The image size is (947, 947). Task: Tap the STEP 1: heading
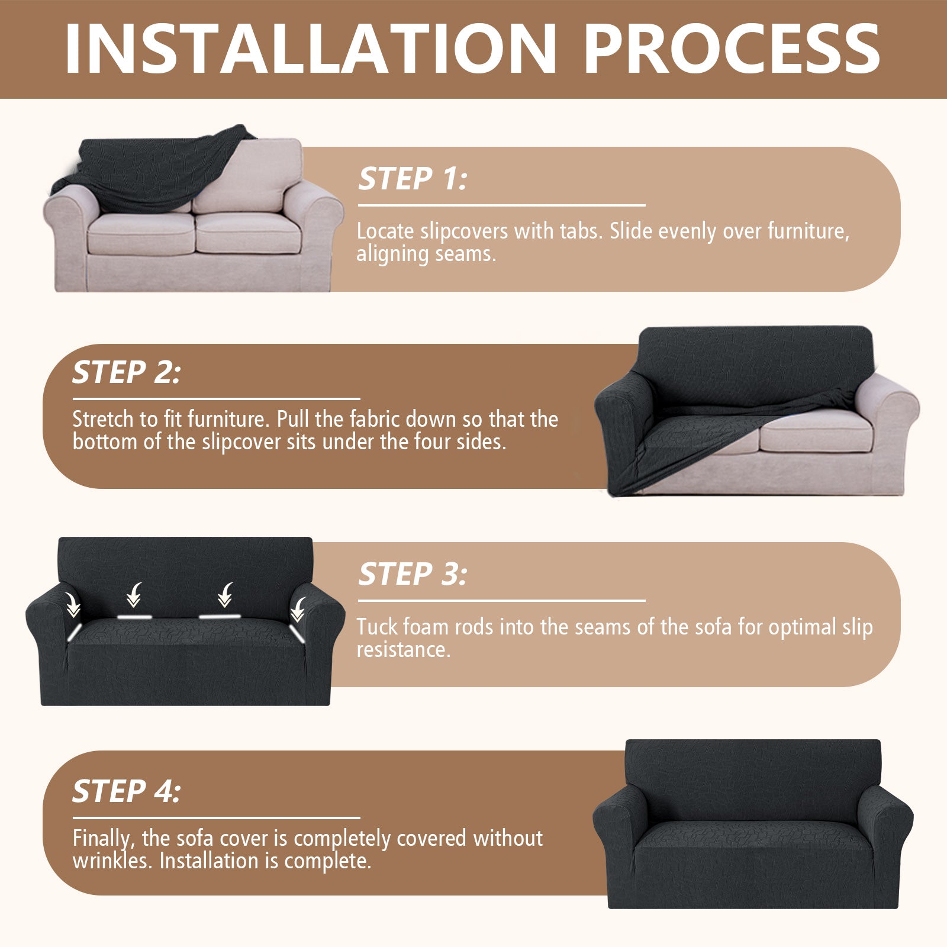click(413, 179)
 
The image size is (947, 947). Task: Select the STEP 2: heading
click(126, 372)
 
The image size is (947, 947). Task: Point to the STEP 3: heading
click(413, 574)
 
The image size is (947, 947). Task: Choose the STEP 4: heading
click(126, 791)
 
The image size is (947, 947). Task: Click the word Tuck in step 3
click(377, 627)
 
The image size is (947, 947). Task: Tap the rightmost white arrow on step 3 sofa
click(298, 610)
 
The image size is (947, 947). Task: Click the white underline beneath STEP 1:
click(501, 205)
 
